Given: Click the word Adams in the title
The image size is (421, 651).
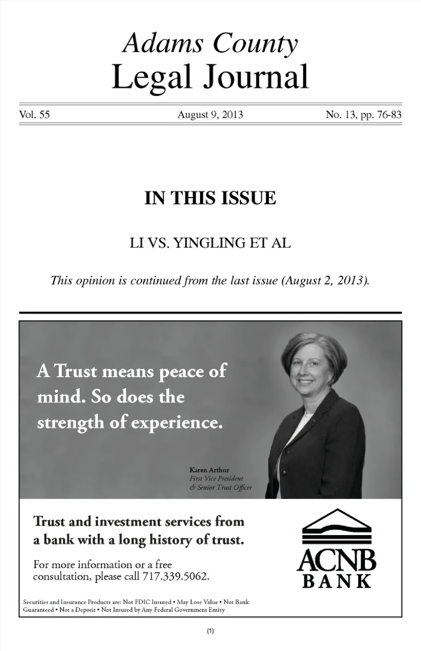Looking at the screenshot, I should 163,44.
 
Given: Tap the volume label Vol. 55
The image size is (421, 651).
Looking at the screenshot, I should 34,115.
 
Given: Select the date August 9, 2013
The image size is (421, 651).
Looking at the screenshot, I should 210,115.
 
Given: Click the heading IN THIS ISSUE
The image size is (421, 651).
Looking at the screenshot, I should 210,198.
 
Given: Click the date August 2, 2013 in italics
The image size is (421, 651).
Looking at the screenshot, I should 325,281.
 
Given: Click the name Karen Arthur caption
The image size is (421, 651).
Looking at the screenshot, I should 209,470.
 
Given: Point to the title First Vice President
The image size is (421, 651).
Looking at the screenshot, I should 216,478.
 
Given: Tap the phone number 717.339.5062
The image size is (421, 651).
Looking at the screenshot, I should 175,576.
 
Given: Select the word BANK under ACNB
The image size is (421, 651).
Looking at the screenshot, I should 337,581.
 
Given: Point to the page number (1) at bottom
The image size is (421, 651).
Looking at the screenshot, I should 210,631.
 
